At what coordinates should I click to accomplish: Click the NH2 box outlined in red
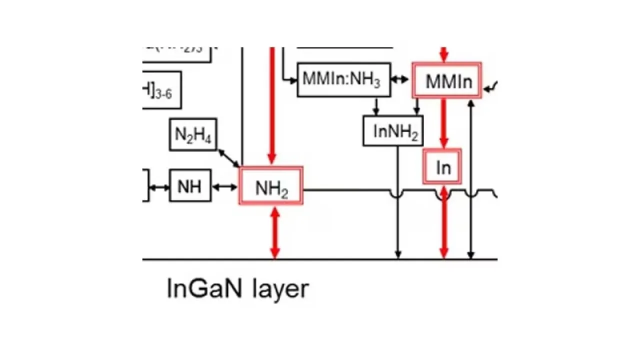[x=271, y=186]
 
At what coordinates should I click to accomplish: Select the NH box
[x=190, y=185]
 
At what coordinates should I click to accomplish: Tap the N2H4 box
[x=193, y=135]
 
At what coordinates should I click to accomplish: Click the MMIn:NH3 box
[x=341, y=79]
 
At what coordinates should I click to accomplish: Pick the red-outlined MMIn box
[x=447, y=80]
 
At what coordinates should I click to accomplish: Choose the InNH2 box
[x=393, y=131]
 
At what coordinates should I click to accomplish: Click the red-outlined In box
[x=442, y=166]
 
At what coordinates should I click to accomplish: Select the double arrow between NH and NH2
[x=225, y=187]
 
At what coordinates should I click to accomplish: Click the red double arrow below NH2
[x=273, y=232]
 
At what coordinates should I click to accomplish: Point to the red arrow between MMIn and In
[x=443, y=123]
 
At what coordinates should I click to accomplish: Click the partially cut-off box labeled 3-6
[x=161, y=90]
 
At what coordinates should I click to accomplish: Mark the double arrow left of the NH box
[x=159, y=187]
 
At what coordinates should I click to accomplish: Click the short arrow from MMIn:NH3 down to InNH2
[x=376, y=106]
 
